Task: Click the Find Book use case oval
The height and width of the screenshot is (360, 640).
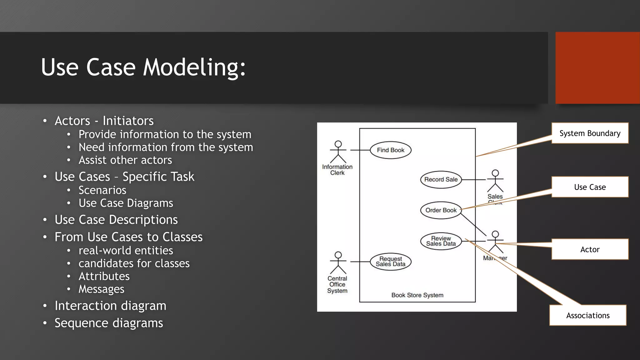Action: click(x=390, y=150)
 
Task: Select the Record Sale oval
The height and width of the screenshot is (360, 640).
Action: click(x=441, y=179)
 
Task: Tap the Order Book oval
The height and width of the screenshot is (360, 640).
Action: click(x=441, y=210)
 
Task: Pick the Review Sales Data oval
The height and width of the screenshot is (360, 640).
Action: click(x=441, y=241)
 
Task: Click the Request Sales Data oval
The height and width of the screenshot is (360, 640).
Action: click(x=390, y=261)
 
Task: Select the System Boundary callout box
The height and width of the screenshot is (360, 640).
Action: click(x=590, y=133)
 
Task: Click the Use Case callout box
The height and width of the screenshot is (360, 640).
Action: click(x=590, y=187)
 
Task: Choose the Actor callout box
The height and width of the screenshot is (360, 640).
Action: click(x=590, y=249)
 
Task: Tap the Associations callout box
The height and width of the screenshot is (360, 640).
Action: click(x=587, y=315)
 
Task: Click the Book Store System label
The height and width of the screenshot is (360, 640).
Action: click(x=417, y=295)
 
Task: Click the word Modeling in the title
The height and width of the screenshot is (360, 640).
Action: click(x=194, y=67)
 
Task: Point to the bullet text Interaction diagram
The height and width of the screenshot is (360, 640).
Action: click(x=110, y=306)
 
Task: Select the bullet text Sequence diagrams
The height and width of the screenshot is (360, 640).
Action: click(x=109, y=323)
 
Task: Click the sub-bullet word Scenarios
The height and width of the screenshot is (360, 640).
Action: click(x=102, y=190)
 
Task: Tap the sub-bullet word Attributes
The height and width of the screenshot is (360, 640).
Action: click(x=104, y=276)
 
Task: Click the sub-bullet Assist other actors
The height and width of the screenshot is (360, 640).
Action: click(x=125, y=160)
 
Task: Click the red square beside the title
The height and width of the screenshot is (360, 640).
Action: click(x=597, y=67)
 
